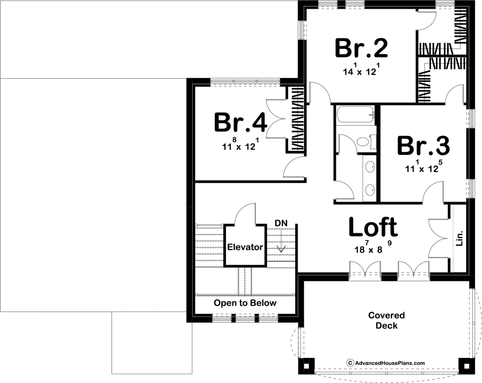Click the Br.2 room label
point(361,49)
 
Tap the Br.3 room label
point(423,146)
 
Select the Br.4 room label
point(241,122)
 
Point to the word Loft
point(373,227)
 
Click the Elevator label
point(245,247)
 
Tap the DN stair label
point(281,223)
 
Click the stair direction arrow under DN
point(281,242)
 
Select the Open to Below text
point(245,303)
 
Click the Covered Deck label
point(386,321)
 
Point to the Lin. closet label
point(459,238)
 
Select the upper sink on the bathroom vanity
point(370,167)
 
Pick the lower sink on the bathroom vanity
point(370,190)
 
